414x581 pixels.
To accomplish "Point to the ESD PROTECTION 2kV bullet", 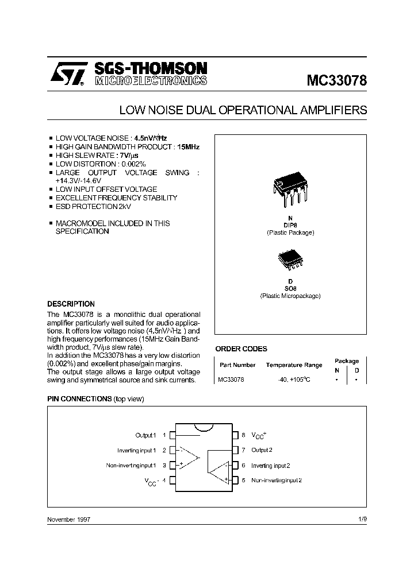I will (x=89, y=206).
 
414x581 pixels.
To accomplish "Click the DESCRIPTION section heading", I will (x=71, y=304).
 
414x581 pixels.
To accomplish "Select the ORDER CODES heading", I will (x=241, y=348).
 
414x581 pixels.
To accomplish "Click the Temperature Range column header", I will (x=294, y=365).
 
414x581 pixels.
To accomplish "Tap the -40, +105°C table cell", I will (x=294, y=380).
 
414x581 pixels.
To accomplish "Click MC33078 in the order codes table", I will (x=231, y=380).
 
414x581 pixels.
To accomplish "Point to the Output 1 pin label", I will (x=145, y=435).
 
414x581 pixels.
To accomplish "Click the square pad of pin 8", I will (x=235, y=435).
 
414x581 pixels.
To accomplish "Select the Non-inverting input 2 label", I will (x=277, y=480).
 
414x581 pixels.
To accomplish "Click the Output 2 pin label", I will (x=262, y=450).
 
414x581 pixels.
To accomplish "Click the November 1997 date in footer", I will (x=68, y=519).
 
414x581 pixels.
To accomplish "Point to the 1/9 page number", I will (x=362, y=519).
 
